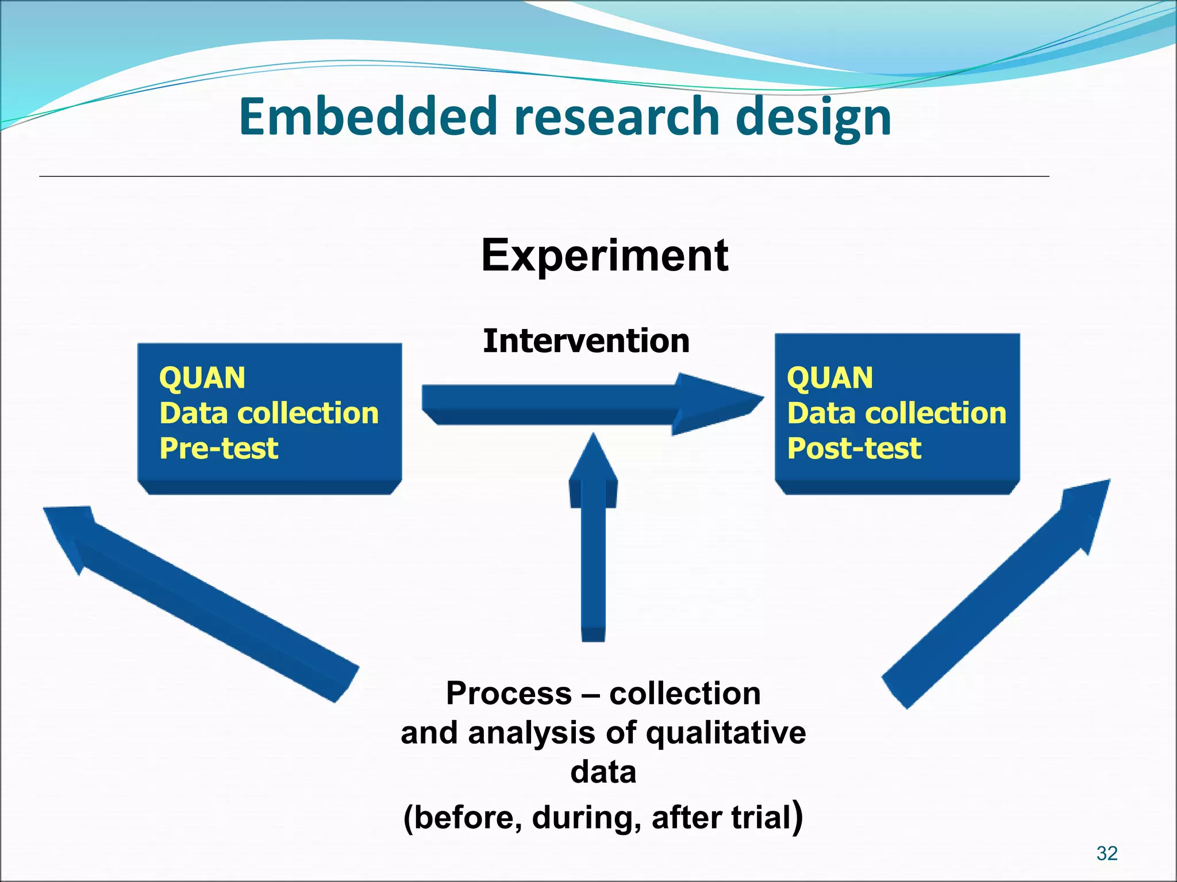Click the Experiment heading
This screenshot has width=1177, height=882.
(x=605, y=256)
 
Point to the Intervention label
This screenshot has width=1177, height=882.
(x=586, y=341)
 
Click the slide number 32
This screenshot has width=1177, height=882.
(x=1106, y=853)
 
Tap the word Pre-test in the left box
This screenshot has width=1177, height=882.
(x=218, y=448)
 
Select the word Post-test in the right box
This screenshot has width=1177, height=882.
(x=854, y=448)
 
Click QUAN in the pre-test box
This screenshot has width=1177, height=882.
(x=202, y=378)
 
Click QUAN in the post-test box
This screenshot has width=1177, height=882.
(x=830, y=378)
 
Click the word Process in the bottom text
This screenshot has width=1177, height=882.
(x=508, y=693)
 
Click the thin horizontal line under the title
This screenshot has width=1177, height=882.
(x=544, y=176)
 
